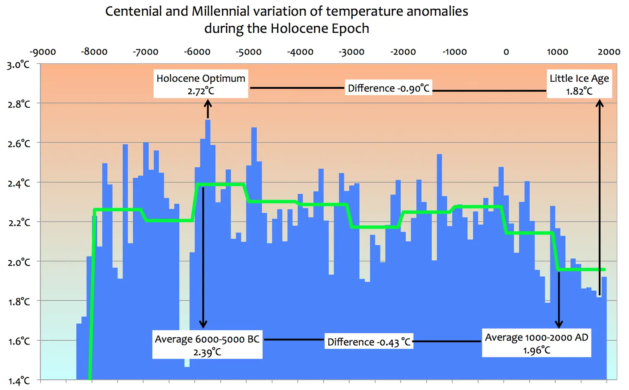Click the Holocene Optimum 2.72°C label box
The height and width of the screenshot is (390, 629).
point(200,84)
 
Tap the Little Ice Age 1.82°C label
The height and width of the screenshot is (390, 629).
point(579,84)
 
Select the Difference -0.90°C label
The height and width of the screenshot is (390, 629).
point(388,88)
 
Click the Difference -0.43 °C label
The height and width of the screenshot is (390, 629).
point(369,342)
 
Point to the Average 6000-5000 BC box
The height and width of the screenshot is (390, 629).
point(207,345)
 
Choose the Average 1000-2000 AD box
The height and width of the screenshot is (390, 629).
point(537,343)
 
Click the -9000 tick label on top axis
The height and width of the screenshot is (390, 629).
point(43,52)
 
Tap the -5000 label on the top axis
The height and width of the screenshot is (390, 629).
point(248,52)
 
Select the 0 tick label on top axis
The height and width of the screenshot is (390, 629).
point(506,52)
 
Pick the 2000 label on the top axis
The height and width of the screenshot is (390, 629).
point(609,52)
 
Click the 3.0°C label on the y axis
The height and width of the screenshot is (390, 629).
point(18,65)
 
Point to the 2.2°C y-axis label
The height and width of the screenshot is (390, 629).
point(18,223)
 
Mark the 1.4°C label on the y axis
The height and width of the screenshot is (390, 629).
point(18,381)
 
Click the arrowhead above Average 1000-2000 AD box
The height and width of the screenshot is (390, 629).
point(559,324)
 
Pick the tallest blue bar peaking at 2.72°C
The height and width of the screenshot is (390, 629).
point(208,236)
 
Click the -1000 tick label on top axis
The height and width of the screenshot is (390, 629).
point(454,52)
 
